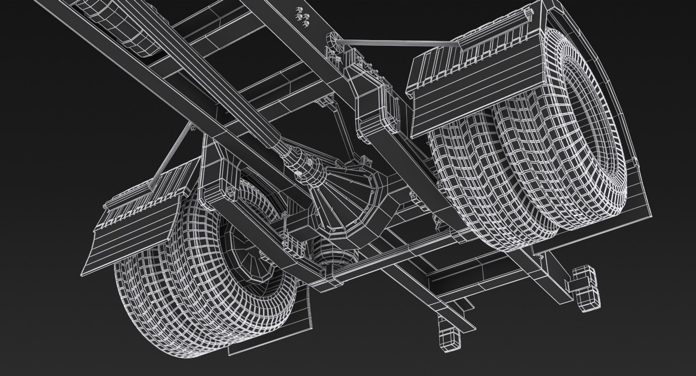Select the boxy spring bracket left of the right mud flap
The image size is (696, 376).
pos(373,105)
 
